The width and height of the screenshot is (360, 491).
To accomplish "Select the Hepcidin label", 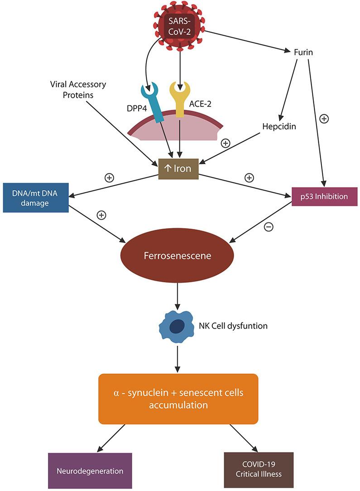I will pyautogui.click(x=279, y=126).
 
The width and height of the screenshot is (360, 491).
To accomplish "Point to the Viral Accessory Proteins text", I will pyautogui.click(x=78, y=90).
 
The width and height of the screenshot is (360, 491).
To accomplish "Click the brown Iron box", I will pyautogui.click(x=178, y=169).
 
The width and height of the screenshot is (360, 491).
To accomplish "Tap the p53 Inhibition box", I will pyautogui.click(x=324, y=197).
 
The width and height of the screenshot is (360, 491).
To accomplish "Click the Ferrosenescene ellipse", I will pyautogui.click(x=178, y=256).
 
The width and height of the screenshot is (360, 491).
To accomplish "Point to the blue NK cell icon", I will pyautogui.click(x=175, y=325).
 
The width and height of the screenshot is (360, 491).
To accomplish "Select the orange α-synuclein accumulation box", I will pyautogui.click(x=178, y=398).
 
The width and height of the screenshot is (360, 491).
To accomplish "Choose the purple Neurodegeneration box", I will pyautogui.click(x=90, y=471).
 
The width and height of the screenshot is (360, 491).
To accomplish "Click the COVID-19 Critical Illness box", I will pyautogui.click(x=259, y=470).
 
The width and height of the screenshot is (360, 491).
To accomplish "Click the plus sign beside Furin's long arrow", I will pyautogui.click(x=324, y=119).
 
